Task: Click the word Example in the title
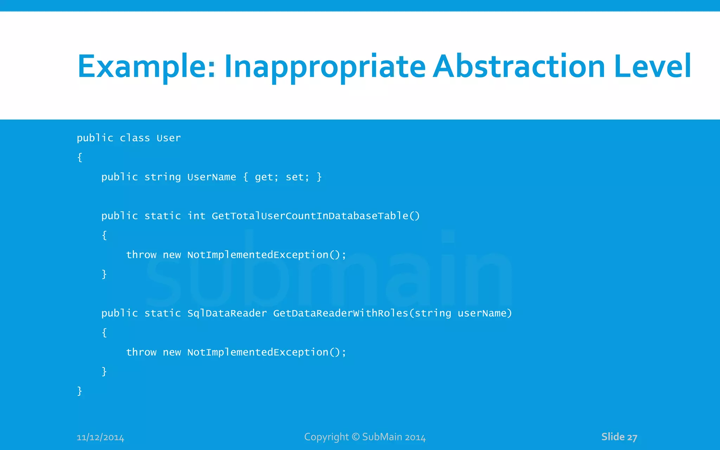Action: coord(146,67)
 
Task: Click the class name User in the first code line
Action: coord(168,138)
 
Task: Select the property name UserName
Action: coord(212,177)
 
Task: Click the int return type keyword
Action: coord(196,216)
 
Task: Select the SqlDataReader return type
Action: coord(227,313)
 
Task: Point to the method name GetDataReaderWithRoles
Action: coord(340,313)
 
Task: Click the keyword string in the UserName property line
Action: coord(162,177)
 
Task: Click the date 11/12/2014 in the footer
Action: coord(101,438)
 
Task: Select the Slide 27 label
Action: coord(619,437)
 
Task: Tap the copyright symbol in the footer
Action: coord(356,437)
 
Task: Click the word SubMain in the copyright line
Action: coord(382,437)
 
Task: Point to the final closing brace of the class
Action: coord(79,391)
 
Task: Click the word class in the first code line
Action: coord(135,138)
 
